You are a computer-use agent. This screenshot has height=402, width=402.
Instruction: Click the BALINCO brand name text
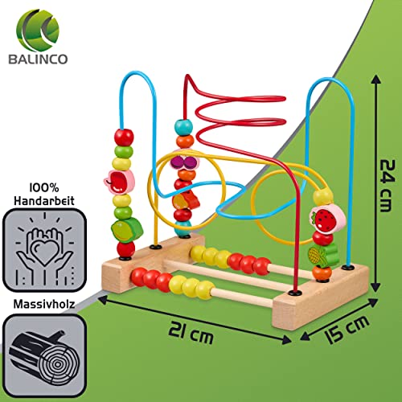click(38, 59)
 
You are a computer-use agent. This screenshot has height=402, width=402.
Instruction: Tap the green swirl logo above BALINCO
click(38, 30)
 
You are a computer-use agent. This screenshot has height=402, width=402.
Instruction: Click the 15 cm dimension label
click(347, 329)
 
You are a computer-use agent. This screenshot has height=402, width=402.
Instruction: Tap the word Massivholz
click(44, 304)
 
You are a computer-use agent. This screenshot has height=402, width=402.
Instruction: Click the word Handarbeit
click(44, 200)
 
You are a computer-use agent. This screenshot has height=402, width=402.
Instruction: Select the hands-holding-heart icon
click(44, 250)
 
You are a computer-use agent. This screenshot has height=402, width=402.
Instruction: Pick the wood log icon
click(44, 356)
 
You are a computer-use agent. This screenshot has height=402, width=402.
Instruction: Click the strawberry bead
click(327, 219)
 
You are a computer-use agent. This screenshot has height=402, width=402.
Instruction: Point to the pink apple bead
click(119, 181)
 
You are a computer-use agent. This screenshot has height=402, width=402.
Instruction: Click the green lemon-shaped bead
click(127, 230)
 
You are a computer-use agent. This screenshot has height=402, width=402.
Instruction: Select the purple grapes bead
click(185, 162)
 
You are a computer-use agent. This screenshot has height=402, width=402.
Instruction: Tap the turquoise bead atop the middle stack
click(183, 127)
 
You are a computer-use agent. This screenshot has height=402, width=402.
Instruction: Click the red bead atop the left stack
click(124, 137)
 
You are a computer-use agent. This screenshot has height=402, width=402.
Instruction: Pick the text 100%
click(44, 188)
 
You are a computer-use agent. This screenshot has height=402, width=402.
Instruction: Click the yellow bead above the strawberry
click(323, 197)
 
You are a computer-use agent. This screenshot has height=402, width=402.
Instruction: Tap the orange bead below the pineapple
click(322, 273)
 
